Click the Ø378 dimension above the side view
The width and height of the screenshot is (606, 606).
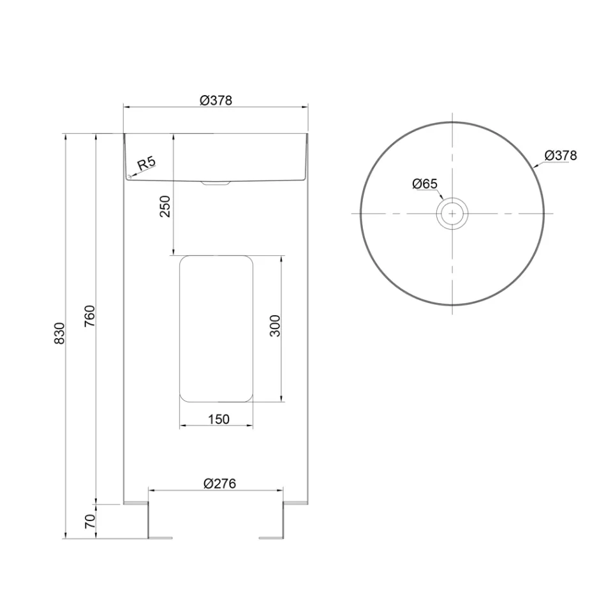pos(215,100)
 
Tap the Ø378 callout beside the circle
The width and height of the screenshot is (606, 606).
pos(561,155)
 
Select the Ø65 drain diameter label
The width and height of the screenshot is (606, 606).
pos(424,184)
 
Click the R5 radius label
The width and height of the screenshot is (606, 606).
pos(146,163)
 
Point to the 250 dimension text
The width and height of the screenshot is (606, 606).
pos(165,206)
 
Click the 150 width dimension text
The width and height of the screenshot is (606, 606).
pos(218,419)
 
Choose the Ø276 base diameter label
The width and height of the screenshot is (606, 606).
pos(219,484)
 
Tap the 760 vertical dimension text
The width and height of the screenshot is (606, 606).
pos(89,316)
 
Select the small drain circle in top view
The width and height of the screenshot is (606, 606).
pos(452,213)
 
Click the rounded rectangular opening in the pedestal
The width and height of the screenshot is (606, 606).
pos(216,329)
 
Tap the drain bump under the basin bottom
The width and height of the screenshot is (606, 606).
pos(216,183)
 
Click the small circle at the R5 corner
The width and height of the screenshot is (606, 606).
pos(128,176)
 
